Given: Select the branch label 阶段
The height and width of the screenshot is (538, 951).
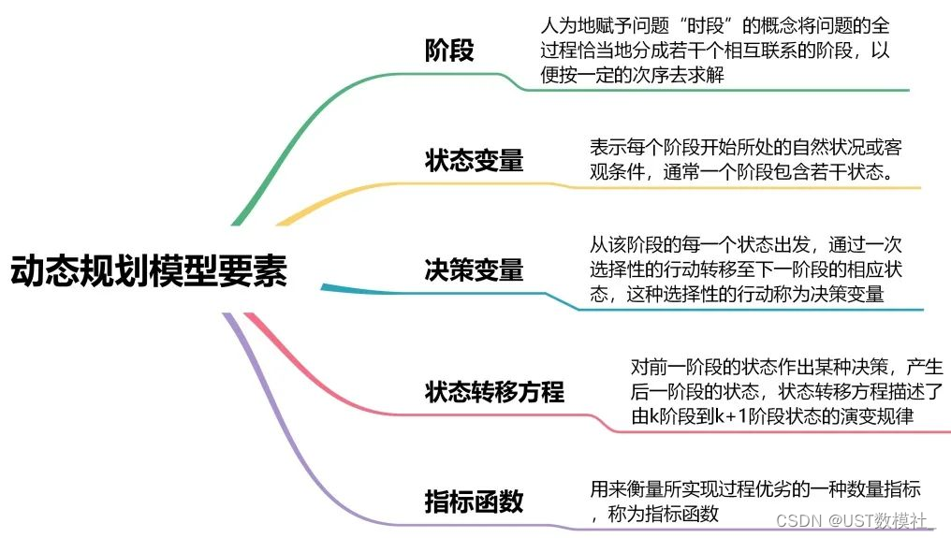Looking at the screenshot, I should (x=449, y=50).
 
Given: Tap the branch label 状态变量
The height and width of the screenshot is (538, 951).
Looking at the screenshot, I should (x=474, y=160).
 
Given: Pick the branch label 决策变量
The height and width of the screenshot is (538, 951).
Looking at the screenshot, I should (x=474, y=270).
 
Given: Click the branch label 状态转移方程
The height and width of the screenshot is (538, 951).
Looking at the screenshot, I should (x=494, y=391).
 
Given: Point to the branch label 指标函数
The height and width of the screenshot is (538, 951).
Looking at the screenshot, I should (x=474, y=502).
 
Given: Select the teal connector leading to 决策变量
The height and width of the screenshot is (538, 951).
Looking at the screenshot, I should (x=356, y=289).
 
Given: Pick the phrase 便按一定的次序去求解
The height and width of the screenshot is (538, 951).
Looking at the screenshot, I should (x=633, y=77).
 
